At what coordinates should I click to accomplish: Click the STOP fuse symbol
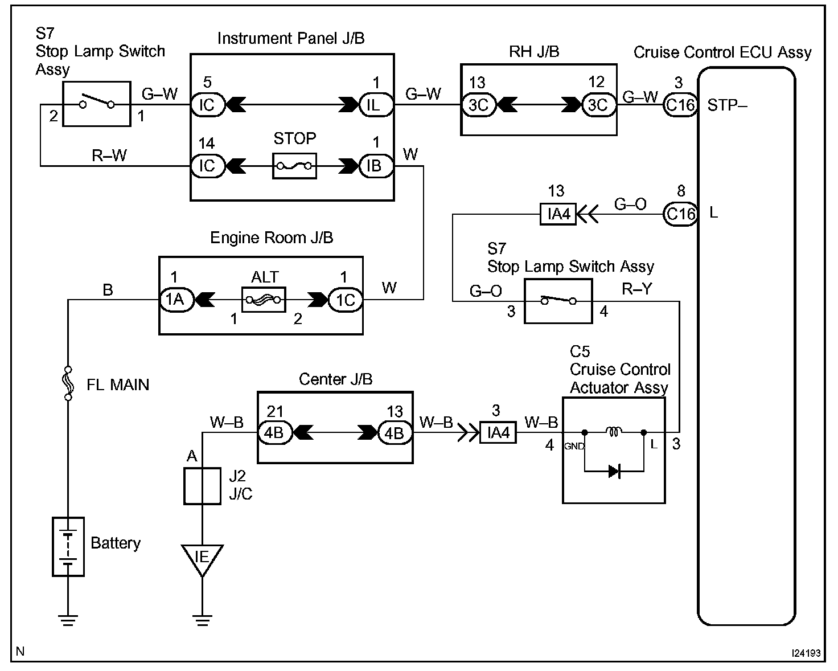294,166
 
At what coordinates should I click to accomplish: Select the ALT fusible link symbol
264,299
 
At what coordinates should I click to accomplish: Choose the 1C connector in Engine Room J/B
345,299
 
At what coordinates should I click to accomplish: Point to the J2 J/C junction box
202,486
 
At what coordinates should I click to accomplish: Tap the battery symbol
68,546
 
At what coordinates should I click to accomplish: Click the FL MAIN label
118,385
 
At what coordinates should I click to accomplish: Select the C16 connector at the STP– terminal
680,105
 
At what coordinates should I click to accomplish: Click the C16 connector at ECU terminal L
680,214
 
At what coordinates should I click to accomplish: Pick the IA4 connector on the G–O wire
558,214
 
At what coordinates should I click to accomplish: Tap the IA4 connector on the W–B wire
498,433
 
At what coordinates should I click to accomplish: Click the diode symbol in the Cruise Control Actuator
614,471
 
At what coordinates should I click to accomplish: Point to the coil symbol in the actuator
614,432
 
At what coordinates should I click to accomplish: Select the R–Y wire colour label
637,289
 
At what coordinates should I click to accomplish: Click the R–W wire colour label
109,156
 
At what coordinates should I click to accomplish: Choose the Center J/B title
335,379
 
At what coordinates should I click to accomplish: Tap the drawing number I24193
806,653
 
